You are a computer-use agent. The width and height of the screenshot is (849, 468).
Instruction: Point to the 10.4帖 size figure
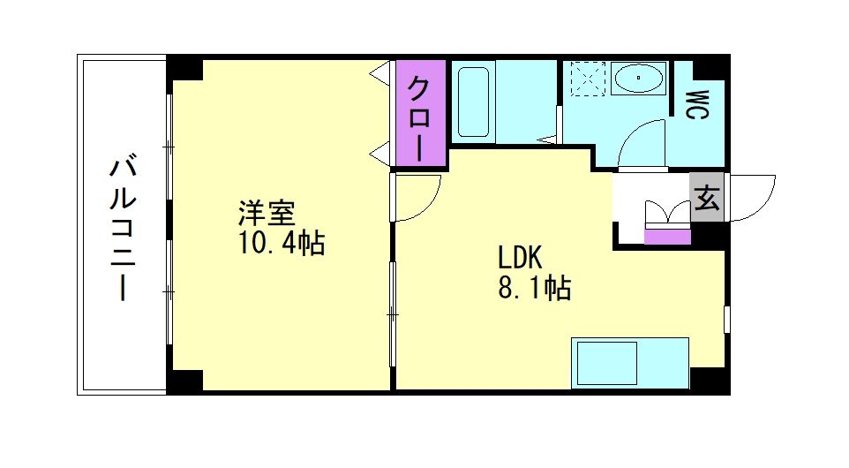click(281, 241)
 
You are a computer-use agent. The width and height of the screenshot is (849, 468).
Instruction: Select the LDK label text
click(520, 258)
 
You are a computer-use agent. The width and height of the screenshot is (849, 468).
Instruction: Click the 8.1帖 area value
click(534, 288)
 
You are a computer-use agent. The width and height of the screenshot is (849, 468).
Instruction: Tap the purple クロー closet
click(421, 112)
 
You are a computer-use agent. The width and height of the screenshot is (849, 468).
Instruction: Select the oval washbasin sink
click(638, 79)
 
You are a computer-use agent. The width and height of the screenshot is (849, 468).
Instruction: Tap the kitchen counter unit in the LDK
click(629, 361)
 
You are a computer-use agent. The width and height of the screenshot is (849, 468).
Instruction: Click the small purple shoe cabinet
click(667, 235)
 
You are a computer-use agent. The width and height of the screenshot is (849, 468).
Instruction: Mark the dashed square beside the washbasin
click(584, 79)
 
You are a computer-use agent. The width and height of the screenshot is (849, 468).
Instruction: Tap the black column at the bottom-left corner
click(184, 381)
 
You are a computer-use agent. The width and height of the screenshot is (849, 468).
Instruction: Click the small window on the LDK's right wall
click(726, 319)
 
